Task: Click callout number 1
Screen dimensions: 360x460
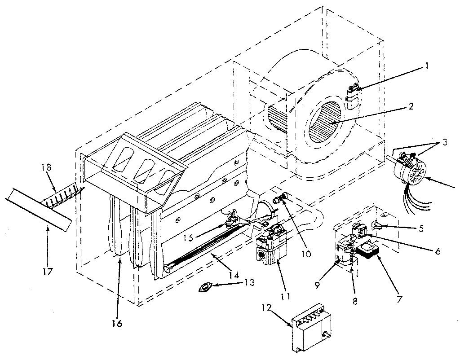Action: point(427,66)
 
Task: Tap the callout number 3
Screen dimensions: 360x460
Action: point(445,143)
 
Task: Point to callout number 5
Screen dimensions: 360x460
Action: point(420,228)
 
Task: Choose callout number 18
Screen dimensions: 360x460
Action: point(47,167)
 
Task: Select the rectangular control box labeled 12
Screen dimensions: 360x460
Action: point(313,327)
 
